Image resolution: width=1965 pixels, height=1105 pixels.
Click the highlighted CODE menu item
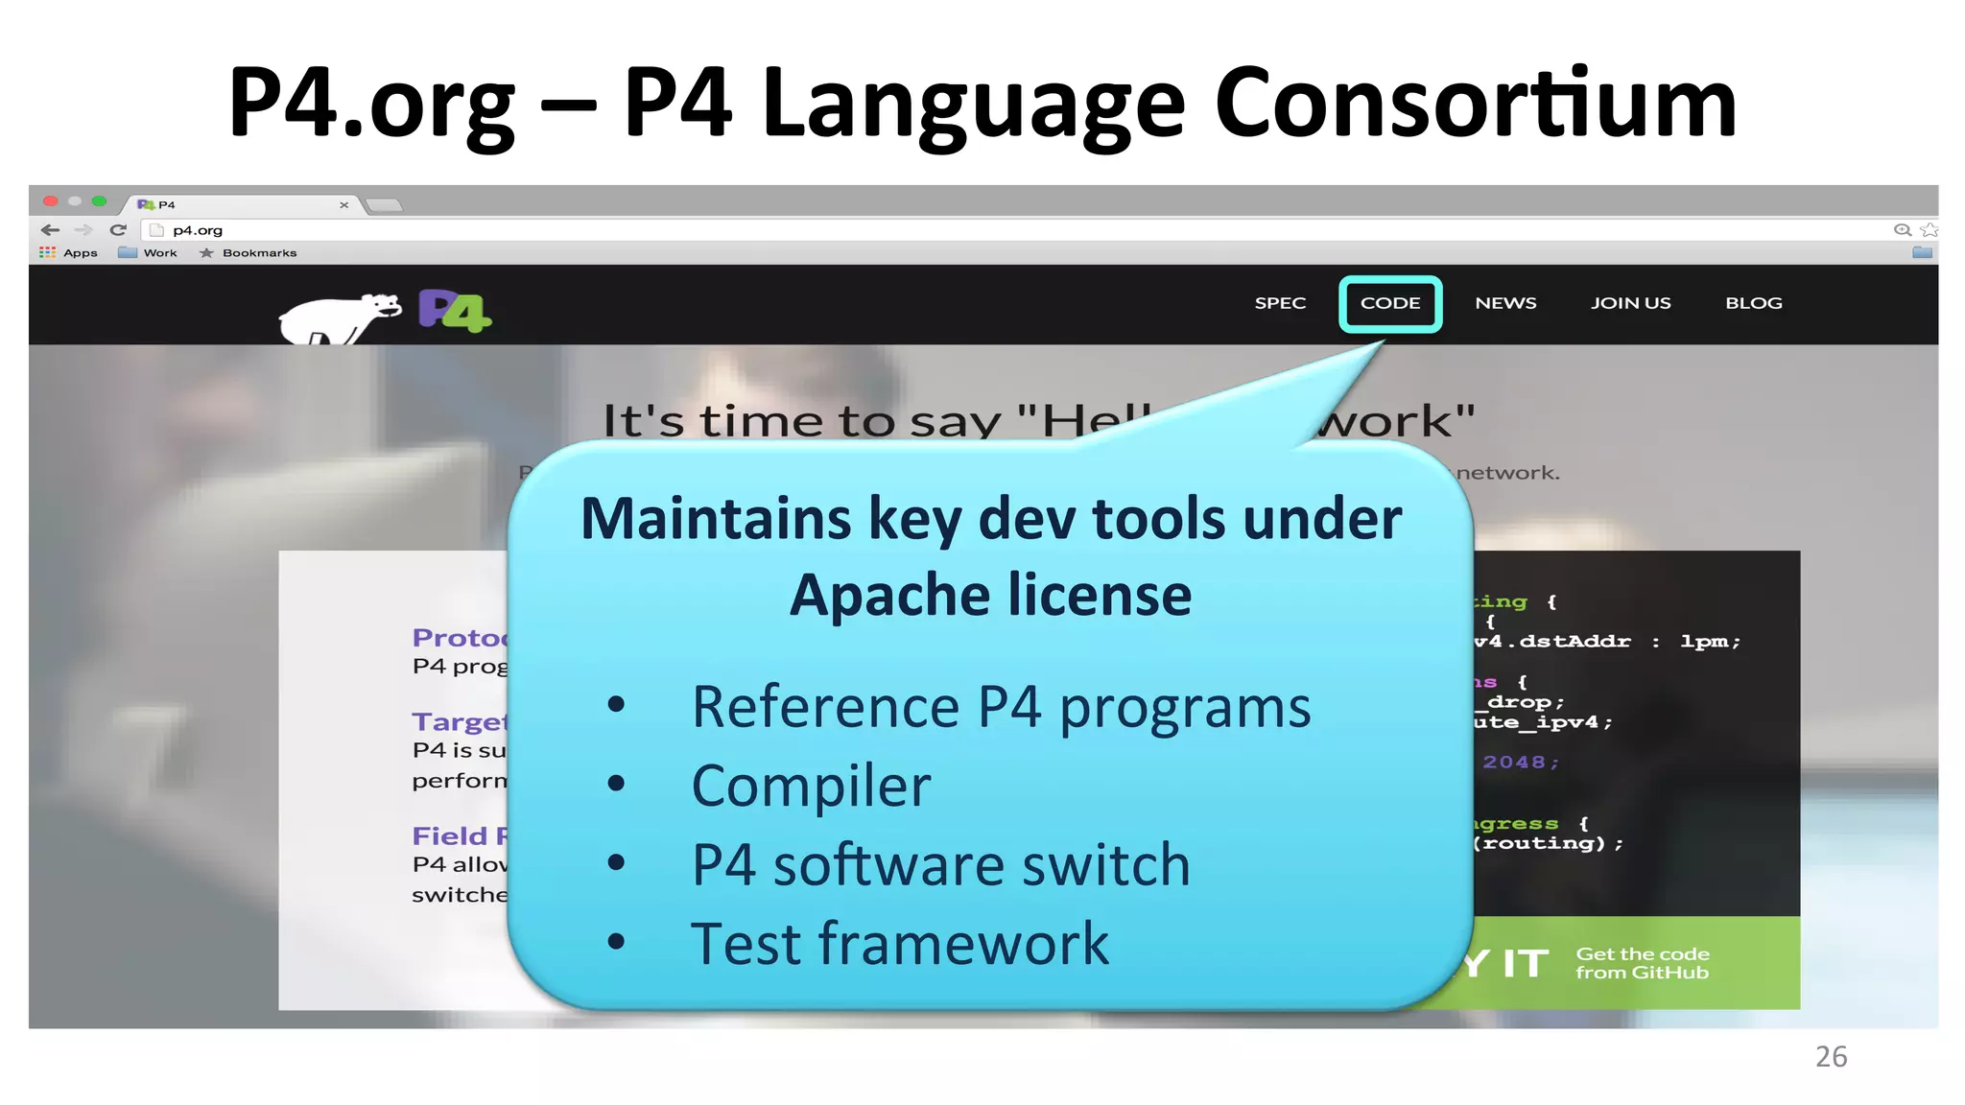pyautogui.click(x=1389, y=303)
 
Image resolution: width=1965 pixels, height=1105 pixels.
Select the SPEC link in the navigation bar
pyautogui.click(x=1280, y=303)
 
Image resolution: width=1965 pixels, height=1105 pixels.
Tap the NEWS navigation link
pyautogui.click(x=1505, y=303)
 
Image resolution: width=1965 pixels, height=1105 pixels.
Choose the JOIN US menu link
pyautogui.click(x=1630, y=303)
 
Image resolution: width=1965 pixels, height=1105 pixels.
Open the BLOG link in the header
pyautogui.click(x=1753, y=303)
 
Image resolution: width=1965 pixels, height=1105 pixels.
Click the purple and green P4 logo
pyautogui.click(x=454, y=311)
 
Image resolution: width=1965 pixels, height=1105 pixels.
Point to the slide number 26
pyautogui.click(x=1831, y=1056)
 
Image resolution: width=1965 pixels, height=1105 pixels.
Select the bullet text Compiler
pyautogui.click(x=811, y=787)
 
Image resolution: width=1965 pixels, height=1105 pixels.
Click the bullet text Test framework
pyautogui.click(x=899, y=944)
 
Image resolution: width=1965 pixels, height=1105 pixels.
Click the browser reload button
pyautogui.click(x=118, y=230)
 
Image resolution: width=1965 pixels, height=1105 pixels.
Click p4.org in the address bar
pyautogui.click(x=198, y=230)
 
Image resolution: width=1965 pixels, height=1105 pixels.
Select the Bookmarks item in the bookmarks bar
pyautogui.click(x=258, y=253)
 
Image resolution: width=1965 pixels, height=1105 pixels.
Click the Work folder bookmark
pyautogui.click(x=158, y=253)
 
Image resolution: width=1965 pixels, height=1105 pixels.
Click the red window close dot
pyautogui.click(x=51, y=201)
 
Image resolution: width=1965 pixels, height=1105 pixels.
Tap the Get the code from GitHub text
pyautogui.click(x=1642, y=963)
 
